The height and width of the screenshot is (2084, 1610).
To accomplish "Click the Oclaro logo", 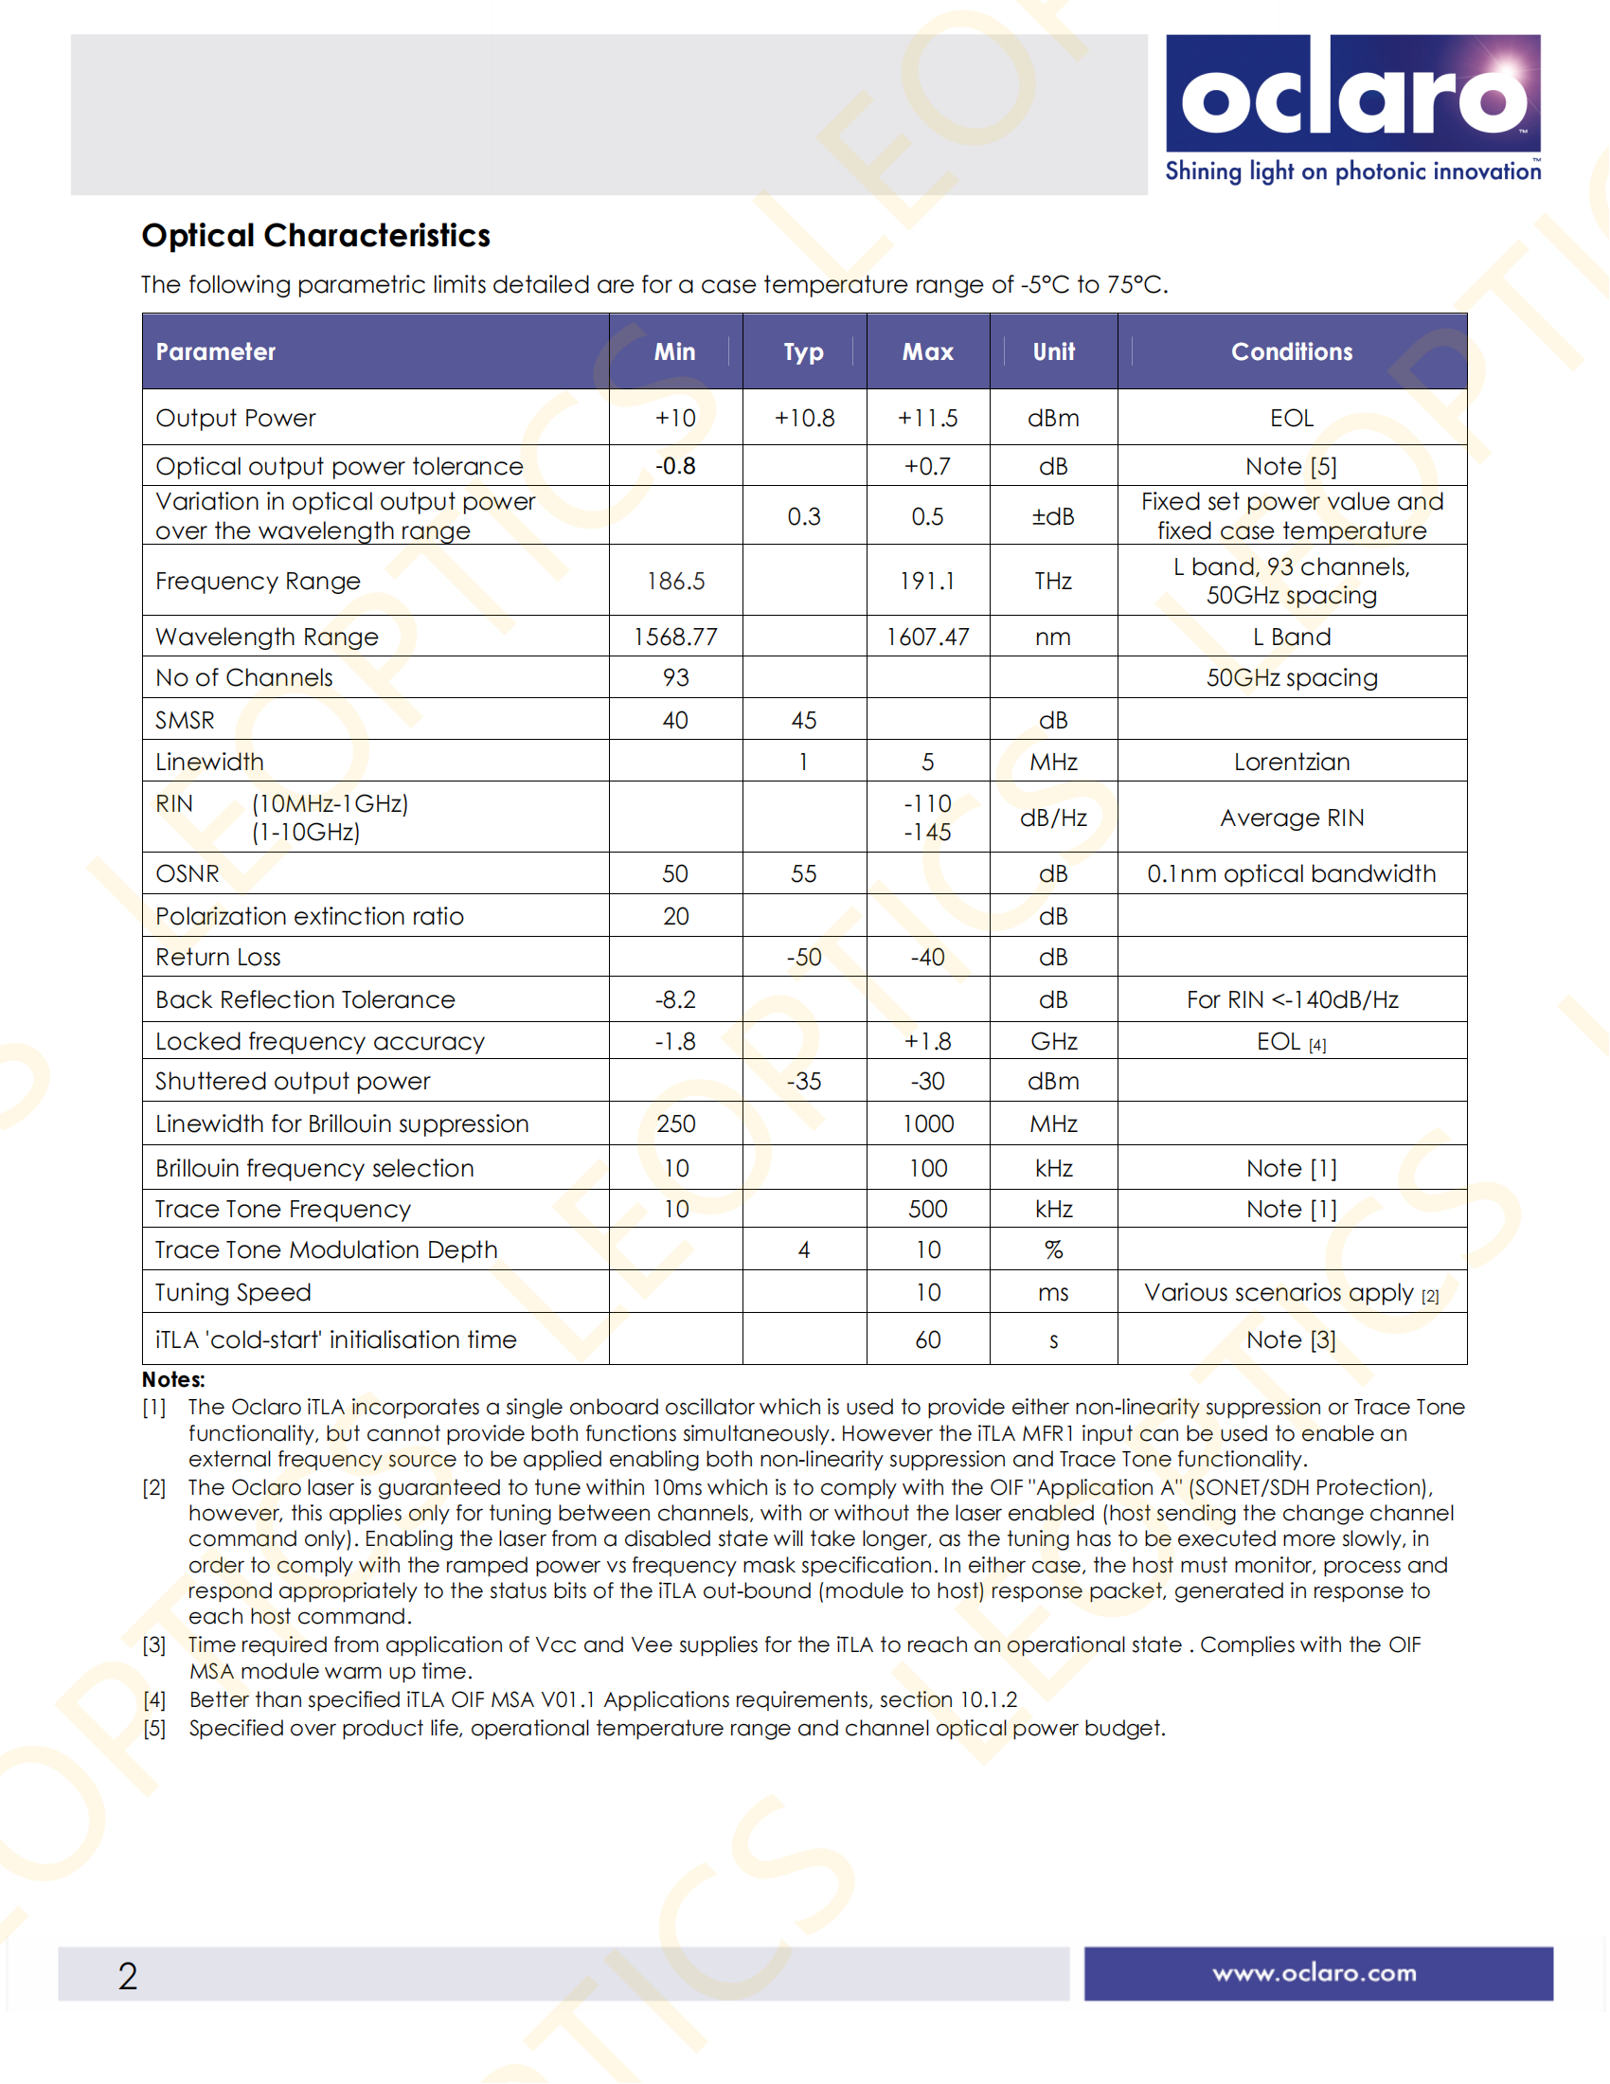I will point(1352,96).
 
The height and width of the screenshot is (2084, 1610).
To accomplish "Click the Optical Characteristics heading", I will point(315,236).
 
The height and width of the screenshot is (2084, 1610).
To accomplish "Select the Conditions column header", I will point(1292,352).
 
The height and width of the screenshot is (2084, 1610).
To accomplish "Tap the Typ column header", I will point(803,352).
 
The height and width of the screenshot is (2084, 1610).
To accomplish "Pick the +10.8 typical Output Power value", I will point(804,418).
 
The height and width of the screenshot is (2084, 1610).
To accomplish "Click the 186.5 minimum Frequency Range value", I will point(675,581).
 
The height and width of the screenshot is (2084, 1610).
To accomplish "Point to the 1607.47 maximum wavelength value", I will point(927,637).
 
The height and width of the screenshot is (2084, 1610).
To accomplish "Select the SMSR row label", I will point(185,721).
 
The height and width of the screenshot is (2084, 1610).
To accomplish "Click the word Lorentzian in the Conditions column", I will point(1292,762).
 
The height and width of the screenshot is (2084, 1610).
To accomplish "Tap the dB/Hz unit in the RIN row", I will point(1053,817).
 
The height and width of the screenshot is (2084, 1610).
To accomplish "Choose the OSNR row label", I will point(188,874).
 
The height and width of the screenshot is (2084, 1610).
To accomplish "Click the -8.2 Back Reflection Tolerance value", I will point(675,1000).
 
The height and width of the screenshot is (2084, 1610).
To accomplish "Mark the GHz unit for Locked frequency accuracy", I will point(1053,1041).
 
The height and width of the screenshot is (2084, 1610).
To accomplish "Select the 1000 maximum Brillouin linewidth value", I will point(927,1124).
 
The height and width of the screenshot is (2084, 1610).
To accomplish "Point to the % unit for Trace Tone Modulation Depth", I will point(1053,1250).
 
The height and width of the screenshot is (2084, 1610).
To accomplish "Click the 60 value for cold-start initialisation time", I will point(927,1339).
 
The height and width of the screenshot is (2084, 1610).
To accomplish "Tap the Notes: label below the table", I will point(173,1380).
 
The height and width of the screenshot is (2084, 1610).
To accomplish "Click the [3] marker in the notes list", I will point(154,1645).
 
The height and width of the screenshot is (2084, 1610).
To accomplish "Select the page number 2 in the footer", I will point(128,1975).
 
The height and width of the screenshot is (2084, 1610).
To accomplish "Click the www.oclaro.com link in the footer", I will point(1315,1973).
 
